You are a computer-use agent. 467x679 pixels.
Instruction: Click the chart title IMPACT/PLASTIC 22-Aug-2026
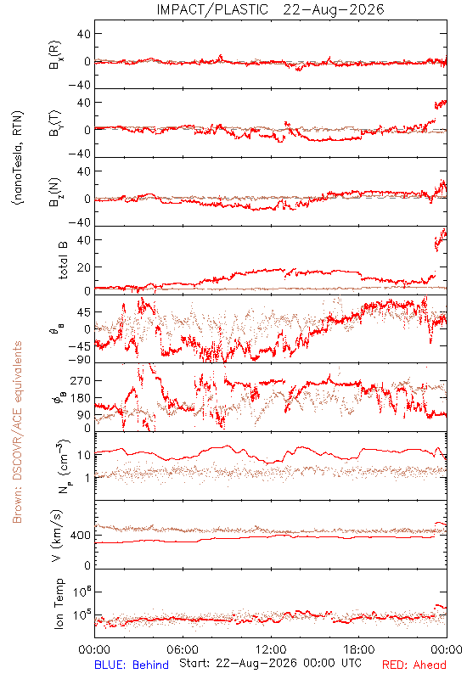coord(270,9)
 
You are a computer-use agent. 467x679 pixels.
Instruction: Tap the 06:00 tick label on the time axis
coord(183,649)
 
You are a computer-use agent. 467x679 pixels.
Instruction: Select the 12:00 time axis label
coord(271,649)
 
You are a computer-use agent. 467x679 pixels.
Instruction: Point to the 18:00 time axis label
coord(359,649)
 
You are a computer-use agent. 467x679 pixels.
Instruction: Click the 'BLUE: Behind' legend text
coord(132,665)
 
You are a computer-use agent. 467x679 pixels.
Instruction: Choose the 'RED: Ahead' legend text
coord(414,665)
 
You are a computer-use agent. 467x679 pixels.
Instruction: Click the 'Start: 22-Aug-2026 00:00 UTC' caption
coord(270,663)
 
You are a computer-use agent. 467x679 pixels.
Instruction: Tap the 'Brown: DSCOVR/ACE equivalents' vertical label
coord(17,432)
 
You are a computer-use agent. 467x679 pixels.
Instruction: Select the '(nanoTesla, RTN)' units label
coord(18,158)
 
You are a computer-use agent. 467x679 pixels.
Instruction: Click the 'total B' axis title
coord(63,261)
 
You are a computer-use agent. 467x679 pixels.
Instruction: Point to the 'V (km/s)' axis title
coord(57,536)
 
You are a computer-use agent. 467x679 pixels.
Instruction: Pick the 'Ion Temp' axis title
coord(59,603)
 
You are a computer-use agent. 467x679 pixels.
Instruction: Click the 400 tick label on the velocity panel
coord(81,536)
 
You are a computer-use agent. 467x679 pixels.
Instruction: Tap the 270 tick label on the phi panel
coord(81,380)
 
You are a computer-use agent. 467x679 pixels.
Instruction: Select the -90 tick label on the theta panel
coord(80,360)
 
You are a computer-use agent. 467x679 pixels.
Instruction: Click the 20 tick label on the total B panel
coord(84,267)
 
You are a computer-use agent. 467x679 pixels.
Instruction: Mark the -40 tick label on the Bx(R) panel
coord(80,86)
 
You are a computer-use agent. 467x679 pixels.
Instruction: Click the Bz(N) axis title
coord(54,192)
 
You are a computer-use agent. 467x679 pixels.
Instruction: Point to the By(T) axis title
coord(54,123)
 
